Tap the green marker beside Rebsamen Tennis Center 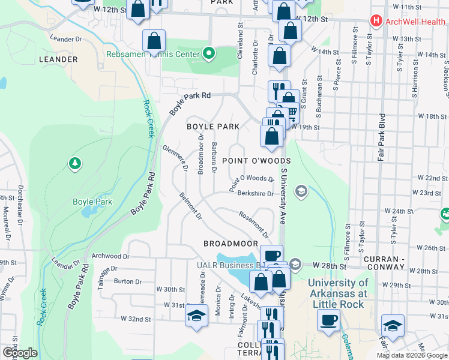[209, 55]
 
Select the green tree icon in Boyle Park [75, 163]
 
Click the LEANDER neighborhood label [58, 60]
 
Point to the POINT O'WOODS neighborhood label [256, 161]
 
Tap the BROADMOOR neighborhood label [230, 244]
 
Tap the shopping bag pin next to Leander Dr [154, 41]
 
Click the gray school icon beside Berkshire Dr [301, 191]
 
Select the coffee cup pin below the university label [328, 320]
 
